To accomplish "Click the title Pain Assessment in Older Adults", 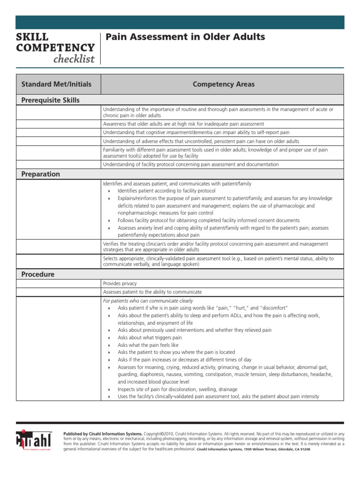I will coord(186,37).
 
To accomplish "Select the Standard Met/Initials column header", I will coord(56,84).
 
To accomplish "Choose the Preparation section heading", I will coord(41,174).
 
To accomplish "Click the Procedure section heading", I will coord(38,274).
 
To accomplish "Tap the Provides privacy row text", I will coord(120,284).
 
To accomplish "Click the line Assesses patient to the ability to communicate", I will coord(152,292).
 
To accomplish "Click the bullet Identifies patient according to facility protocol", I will coord(166,191).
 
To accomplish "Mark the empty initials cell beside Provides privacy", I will coord(58,284).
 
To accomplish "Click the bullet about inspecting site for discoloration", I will coord(177,389).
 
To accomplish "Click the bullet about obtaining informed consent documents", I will coord(209,220).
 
